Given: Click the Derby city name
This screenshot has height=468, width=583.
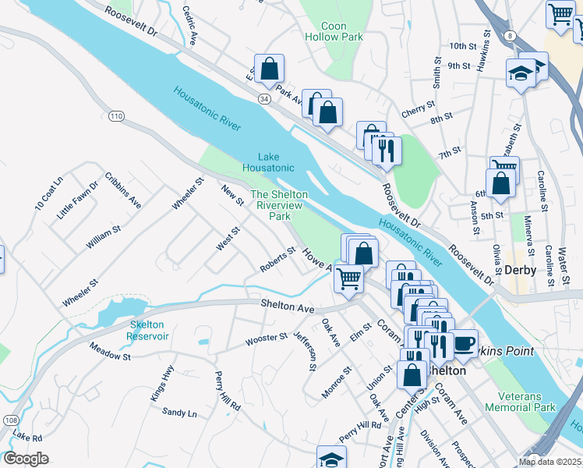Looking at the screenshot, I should tap(521, 269).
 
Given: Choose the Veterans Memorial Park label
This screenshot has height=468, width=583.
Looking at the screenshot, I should tap(520, 401).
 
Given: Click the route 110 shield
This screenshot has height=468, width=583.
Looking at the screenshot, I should tap(116, 116).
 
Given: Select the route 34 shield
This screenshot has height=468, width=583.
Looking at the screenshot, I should tap(265, 99).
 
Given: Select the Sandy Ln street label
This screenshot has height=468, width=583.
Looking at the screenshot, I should tap(179, 413).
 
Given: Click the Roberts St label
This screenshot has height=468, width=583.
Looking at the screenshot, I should tap(278, 261).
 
